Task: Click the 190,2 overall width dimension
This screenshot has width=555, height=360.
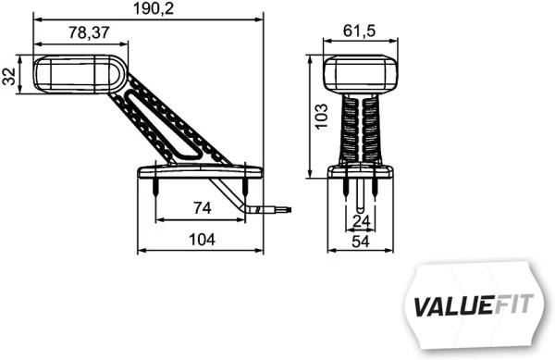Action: (148, 9)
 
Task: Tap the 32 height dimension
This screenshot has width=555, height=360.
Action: (9, 76)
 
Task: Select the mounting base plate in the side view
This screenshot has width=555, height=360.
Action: (200, 171)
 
